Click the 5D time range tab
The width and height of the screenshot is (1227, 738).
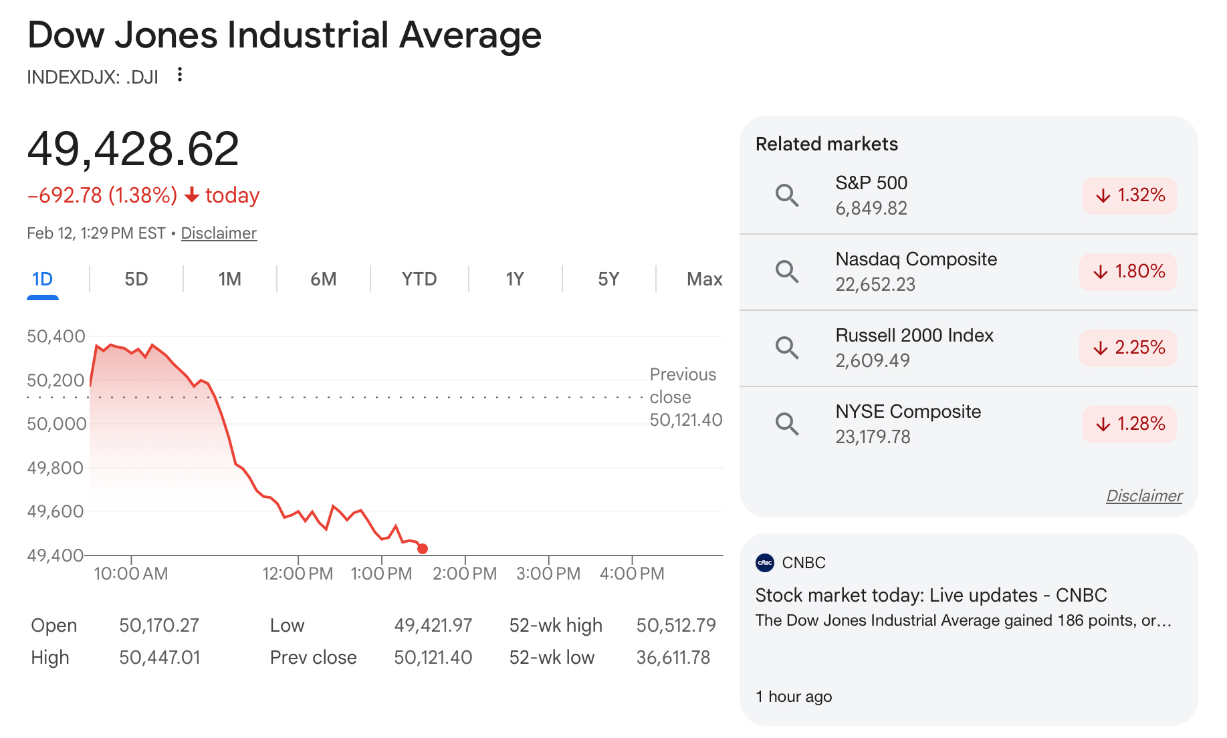pos(136,279)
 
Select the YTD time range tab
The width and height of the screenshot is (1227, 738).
pos(419,279)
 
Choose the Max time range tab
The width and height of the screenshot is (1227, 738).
pos(704,279)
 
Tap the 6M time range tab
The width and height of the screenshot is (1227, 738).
pos(324,279)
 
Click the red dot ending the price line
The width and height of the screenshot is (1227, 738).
pos(423,549)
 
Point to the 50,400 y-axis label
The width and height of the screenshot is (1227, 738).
pos(56,336)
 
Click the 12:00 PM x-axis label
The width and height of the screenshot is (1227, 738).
pos(298,574)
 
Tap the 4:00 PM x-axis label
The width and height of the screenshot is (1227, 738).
pos(632,574)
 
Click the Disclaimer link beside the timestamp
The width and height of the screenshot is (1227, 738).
pos(219,233)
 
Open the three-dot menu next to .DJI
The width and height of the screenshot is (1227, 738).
pos(179,75)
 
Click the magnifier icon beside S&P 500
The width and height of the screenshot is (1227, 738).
pos(787,195)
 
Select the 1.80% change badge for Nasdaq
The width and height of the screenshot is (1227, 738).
pos(1128,271)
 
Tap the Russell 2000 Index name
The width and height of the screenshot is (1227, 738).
pos(914,335)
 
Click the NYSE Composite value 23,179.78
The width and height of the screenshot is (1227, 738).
pos(873,437)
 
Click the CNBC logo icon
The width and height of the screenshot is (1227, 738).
pos(765,563)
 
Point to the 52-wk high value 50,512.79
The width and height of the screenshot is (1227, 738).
pos(676,625)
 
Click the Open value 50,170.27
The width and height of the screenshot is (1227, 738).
pos(159,625)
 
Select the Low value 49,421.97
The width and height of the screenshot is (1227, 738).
pos(433,625)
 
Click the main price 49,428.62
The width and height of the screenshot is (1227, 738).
pos(133,148)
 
